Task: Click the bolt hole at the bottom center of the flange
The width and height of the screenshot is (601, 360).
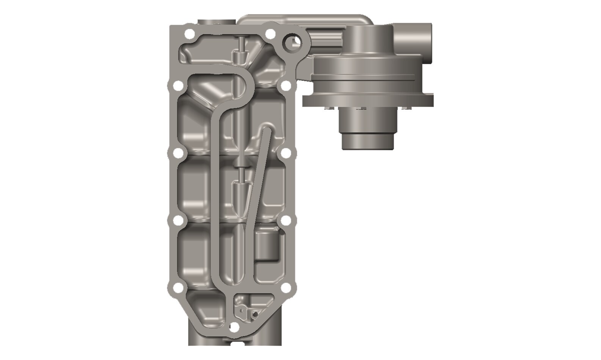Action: [x=235, y=326]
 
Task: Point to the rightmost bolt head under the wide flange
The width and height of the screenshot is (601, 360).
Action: [x=408, y=109]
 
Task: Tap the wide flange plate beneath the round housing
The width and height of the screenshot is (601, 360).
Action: [x=368, y=101]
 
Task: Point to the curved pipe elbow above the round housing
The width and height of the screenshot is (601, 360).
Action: [x=303, y=23]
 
